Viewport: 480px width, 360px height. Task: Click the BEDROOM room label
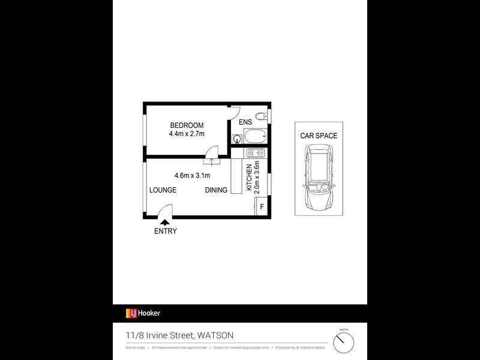click(186, 125)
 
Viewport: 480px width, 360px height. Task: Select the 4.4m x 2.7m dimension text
click(186, 134)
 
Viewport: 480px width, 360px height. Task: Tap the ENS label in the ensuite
click(245, 122)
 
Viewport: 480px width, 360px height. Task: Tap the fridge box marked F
click(262, 207)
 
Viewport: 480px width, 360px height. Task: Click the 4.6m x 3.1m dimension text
click(192, 176)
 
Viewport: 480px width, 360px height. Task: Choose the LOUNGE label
click(163, 190)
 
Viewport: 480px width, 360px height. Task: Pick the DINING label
click(216, 190)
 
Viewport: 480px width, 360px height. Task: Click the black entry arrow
click(165, 223)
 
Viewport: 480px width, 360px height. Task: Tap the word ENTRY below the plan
click(165, 232)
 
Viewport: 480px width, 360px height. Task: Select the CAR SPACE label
click(319, 136)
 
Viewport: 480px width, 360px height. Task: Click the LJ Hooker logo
click(143, 313)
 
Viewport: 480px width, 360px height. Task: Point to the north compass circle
click(344, 343)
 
